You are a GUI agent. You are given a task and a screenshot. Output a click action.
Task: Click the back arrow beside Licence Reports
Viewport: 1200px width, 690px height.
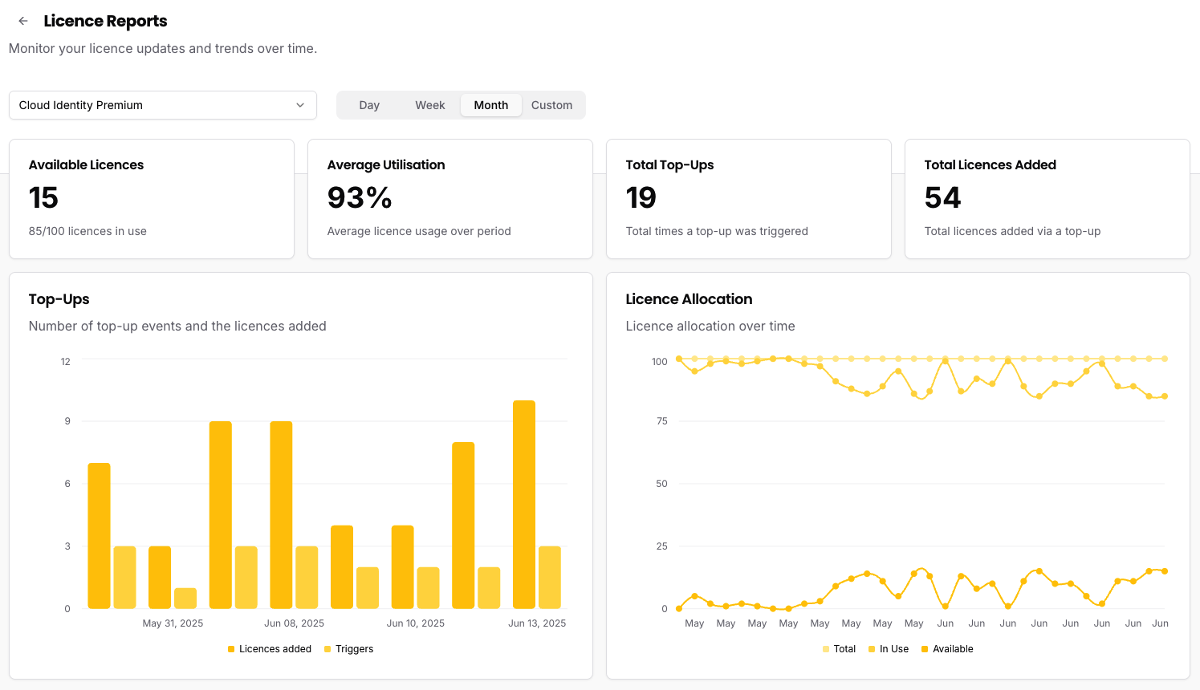click(x=23, y=21)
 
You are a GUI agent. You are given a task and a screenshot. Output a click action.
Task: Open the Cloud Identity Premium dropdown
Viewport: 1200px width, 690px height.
click(x=163, y=105)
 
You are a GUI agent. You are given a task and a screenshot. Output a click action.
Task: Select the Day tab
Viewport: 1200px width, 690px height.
click(x=369, y=105)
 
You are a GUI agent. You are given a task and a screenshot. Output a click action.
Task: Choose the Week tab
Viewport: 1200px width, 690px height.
click(x=430, y=105)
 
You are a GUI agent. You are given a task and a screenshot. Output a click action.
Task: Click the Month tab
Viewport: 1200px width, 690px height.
click(x=490, y=105)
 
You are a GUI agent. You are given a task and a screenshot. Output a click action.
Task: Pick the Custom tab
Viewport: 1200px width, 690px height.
click(x=551, y=105)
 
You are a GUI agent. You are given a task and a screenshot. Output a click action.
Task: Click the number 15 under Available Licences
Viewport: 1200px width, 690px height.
click(x=44, y=198)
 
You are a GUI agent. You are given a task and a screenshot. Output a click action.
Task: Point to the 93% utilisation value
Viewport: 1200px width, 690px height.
click(x=360, y=198)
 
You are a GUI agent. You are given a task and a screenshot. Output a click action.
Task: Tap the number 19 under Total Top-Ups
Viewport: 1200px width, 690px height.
click(x=641, y=198)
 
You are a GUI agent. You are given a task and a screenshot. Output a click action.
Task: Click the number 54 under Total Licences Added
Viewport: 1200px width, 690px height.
click(x=942, y=198)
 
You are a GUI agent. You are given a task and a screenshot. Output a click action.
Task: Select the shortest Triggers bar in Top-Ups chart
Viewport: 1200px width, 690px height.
click(x=185, y=599)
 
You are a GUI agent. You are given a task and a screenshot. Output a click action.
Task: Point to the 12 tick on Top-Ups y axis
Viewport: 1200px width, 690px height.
click(x=66, y=362)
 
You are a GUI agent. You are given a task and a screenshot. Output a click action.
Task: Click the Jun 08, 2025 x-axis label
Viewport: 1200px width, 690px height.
click(x=294, y=623)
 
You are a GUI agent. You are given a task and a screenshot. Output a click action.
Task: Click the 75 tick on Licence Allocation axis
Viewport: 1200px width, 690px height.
click(x=661, y=421)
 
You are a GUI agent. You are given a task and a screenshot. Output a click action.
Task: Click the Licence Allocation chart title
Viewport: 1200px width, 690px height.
click(x=689, y=299)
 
